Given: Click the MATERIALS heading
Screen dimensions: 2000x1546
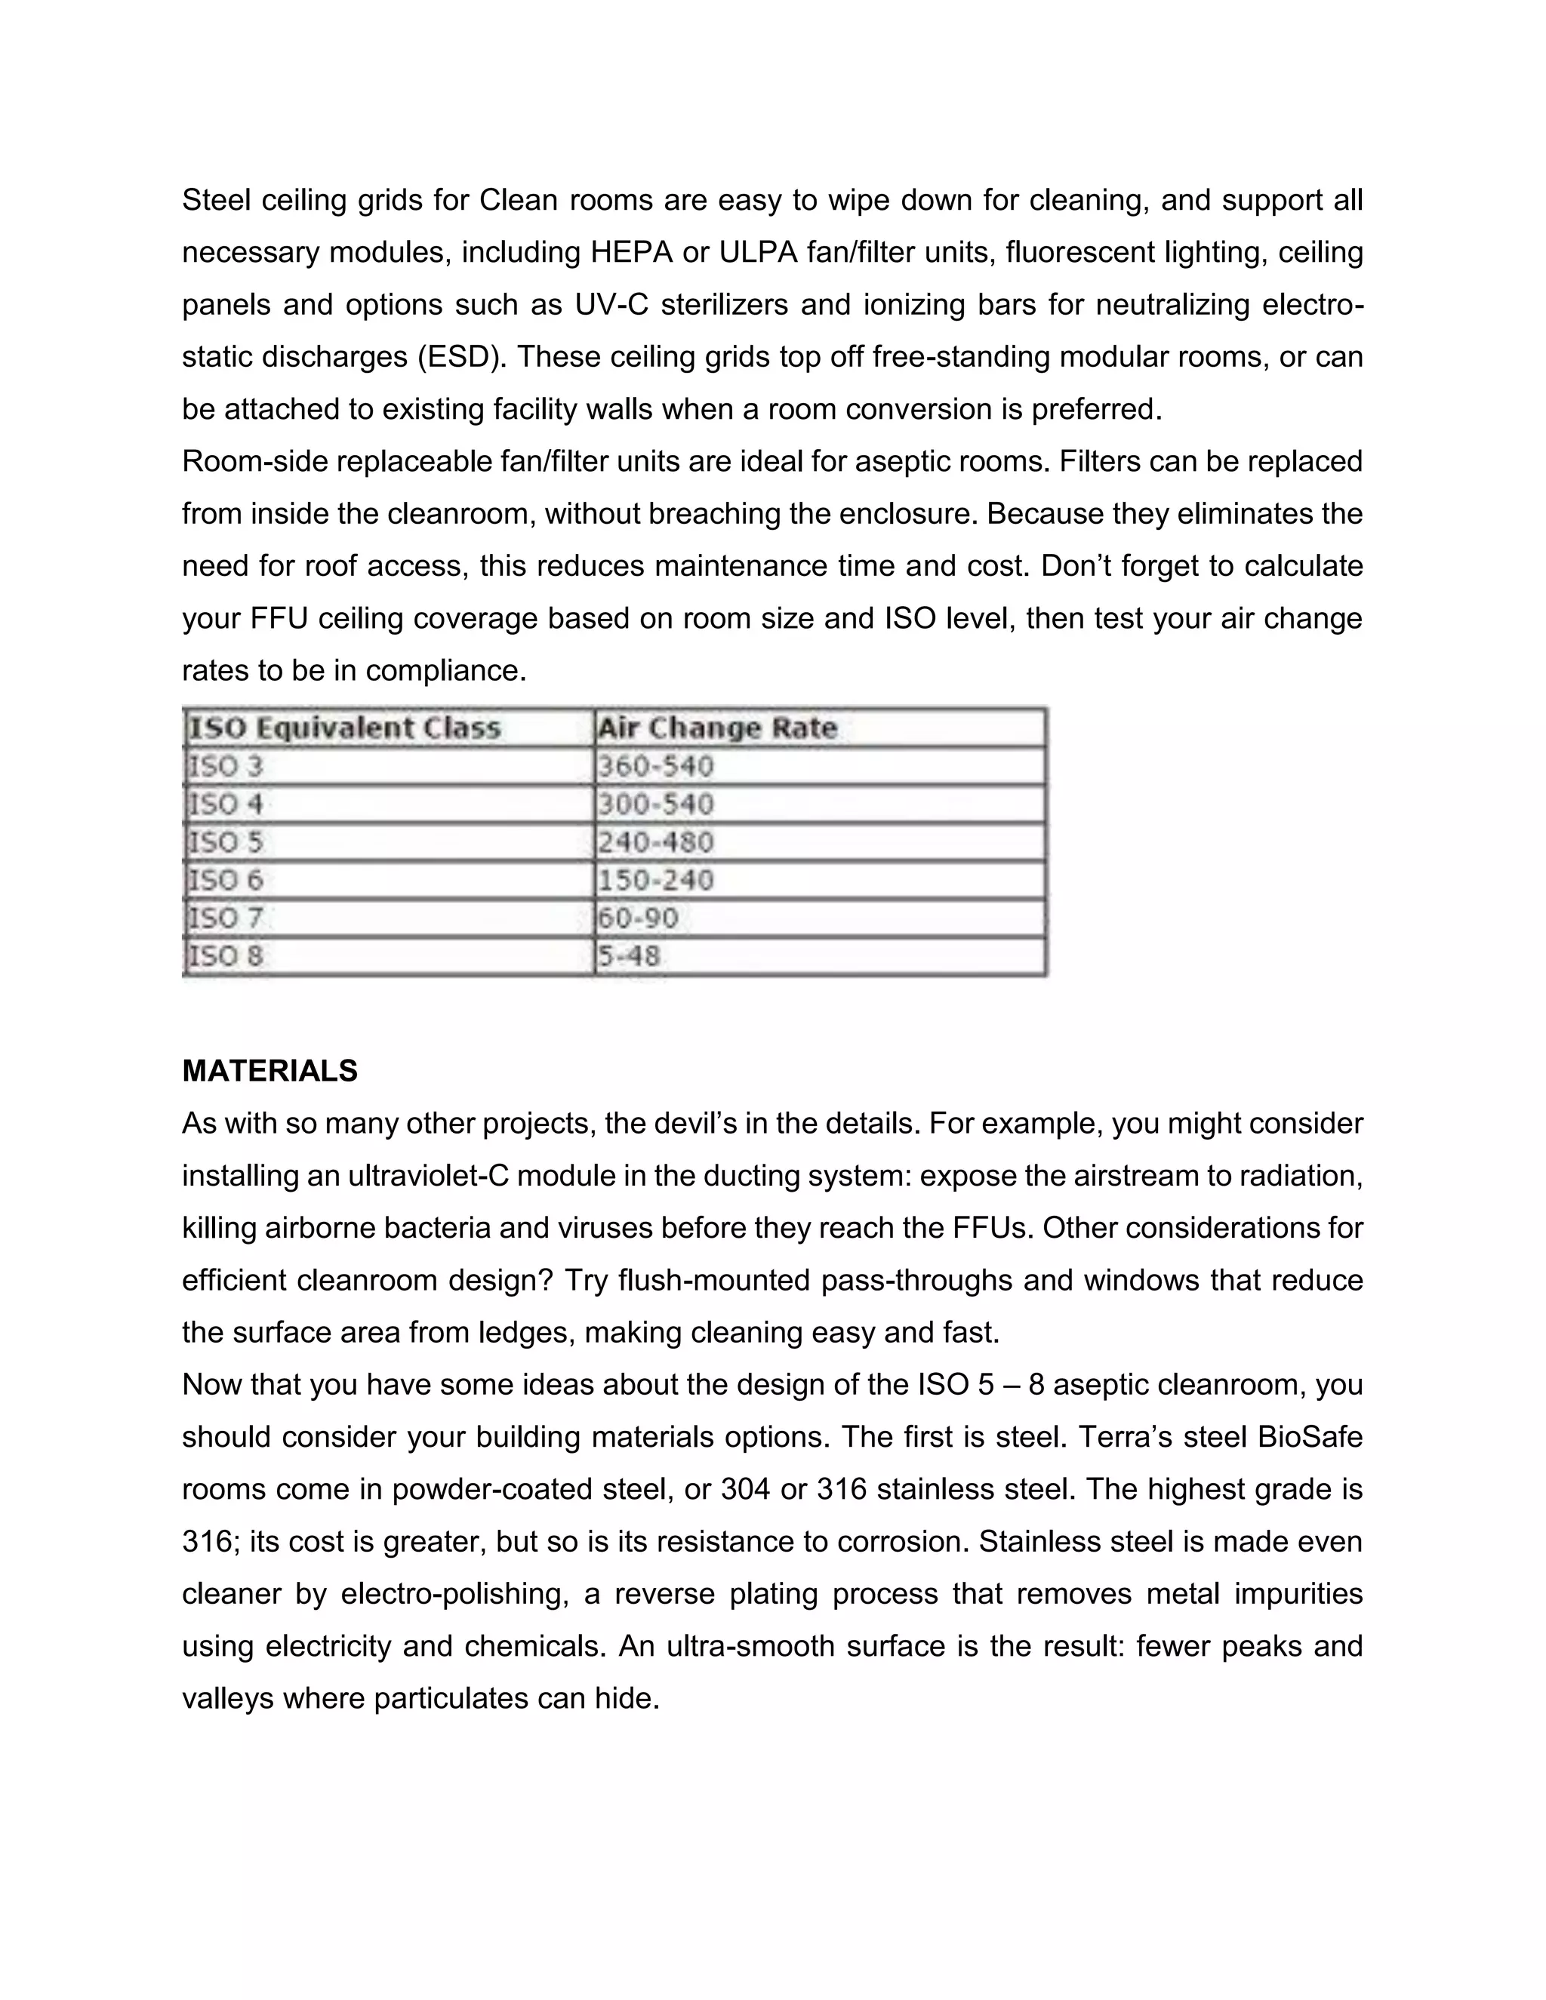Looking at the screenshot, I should (269, 1070).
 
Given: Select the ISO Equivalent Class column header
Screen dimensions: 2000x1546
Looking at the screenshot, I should (344, 728).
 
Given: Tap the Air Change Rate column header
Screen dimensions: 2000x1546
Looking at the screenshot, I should (717, 728).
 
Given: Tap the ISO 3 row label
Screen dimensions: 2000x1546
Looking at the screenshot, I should (225, 767).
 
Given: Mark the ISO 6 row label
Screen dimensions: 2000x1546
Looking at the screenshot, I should (225, 880).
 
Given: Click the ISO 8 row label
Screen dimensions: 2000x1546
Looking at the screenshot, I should (225, 956).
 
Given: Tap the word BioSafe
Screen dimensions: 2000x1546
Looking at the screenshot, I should (1310, 1437).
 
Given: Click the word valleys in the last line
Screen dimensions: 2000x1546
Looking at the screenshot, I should (226, 1699).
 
